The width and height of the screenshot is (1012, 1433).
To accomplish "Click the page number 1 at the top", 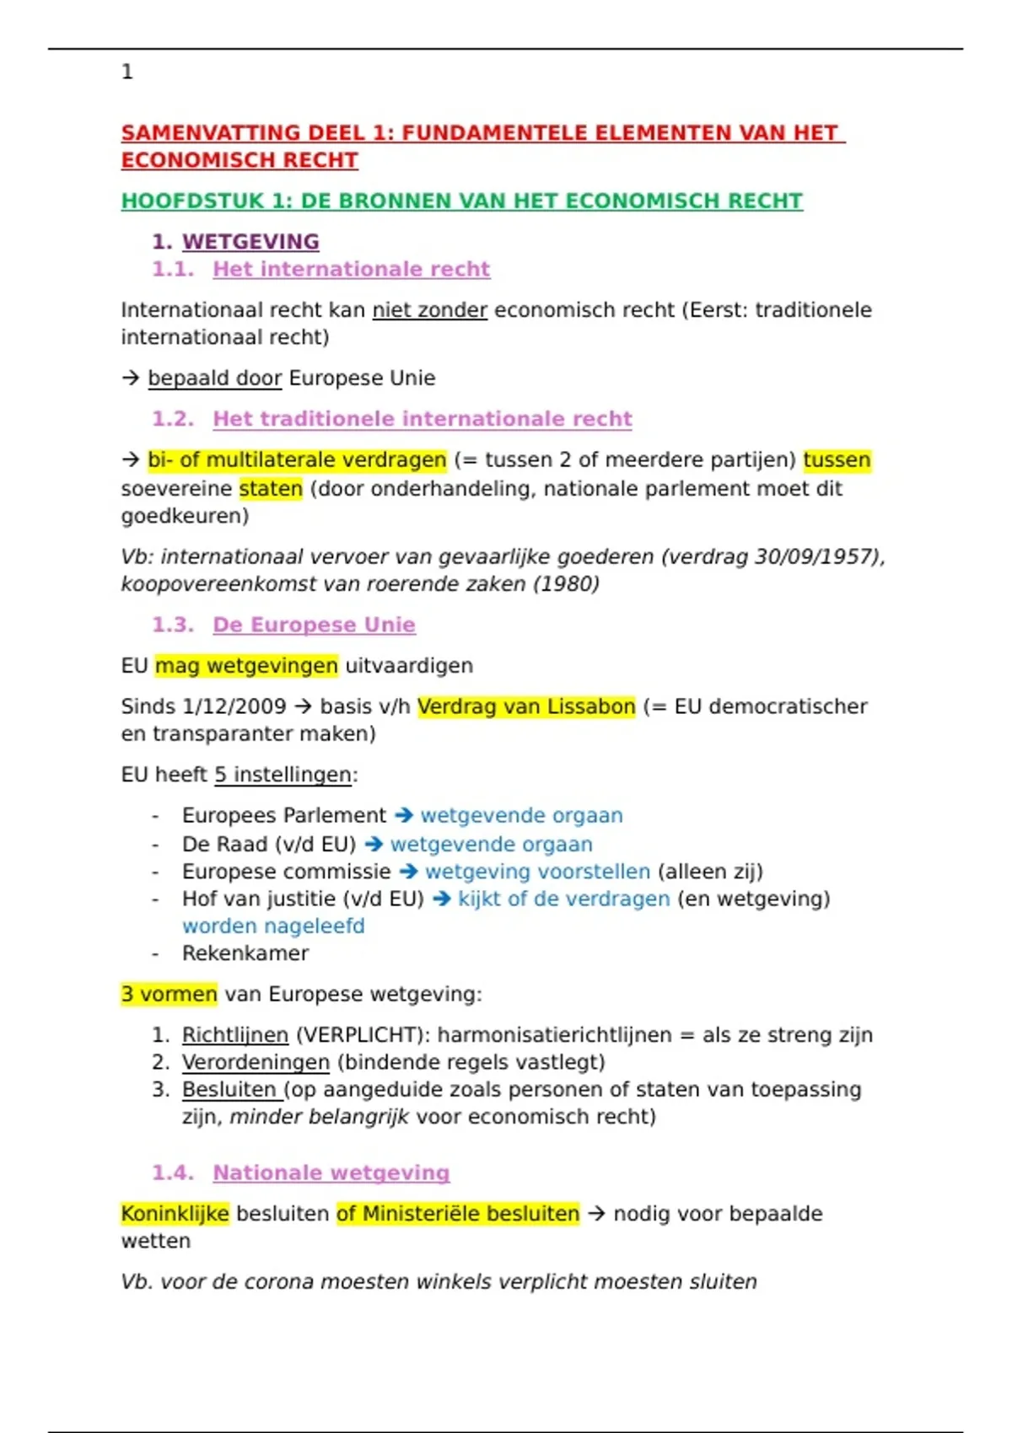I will click(x=127, y=72).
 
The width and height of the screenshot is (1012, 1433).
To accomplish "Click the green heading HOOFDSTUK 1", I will click(x=461, y=201).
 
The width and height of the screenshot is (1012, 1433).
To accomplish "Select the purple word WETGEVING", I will click(x=250, y=242).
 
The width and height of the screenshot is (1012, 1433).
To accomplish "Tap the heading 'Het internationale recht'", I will click(x=351, y=269).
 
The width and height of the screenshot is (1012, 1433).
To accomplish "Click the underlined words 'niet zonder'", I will click(x=430, y=310).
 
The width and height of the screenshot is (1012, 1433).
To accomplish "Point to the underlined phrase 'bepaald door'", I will click(x=214, y=378).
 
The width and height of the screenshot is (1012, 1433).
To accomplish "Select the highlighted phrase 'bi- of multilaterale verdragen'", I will click(x=297, y=460).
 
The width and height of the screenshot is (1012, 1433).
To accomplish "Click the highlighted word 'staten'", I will click(x=271, y=489).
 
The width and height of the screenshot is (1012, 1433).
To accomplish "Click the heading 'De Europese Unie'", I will click(x=314, y=625).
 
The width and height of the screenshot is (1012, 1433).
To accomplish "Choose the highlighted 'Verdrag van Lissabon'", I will click(x=526, y=706).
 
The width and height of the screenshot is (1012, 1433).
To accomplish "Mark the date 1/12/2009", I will click(x=234, y=706).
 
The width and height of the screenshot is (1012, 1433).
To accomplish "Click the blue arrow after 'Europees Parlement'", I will click(x=404, y=815).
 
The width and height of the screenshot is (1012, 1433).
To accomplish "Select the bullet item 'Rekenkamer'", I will click(x=245, y=953).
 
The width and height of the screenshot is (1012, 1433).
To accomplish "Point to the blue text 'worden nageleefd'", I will click(x=273, y=926).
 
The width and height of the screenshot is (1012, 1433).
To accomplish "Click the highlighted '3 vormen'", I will click(x=169, y=995).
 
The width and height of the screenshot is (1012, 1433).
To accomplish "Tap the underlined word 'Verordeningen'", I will click(x=256, y=1062).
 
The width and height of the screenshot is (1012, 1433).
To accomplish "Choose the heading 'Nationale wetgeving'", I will click(x=331, y=1173).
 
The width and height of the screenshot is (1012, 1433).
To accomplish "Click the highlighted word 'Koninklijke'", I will click(x=175, y=1214).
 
